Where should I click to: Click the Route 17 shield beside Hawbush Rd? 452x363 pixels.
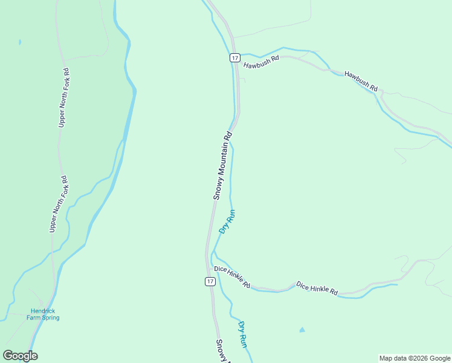(x=235, y=57)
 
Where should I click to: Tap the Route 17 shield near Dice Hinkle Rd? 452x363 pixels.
(x=209, y=281)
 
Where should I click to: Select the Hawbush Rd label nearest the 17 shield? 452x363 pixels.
(x=261, y=62)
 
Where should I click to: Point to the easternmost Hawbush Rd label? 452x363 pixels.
(x=361, y=81)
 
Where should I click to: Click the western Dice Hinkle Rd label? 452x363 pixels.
(x=232, y=276)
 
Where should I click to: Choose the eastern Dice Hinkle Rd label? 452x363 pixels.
(x=317, y=288)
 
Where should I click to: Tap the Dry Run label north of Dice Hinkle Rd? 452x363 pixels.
(x=227, y=221)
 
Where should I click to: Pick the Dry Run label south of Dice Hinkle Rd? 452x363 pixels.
(x=242, y=334)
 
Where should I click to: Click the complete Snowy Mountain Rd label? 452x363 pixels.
(x=222, y=166)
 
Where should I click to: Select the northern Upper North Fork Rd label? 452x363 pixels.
(x=64, y=97)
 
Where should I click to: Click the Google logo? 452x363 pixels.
(x=20, y=356)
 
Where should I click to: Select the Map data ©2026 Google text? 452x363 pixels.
(x=415, y=358)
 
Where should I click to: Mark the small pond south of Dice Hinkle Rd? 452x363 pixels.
(x=302, y=330)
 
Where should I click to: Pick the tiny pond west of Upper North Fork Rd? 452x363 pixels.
(x=20, y=42)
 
